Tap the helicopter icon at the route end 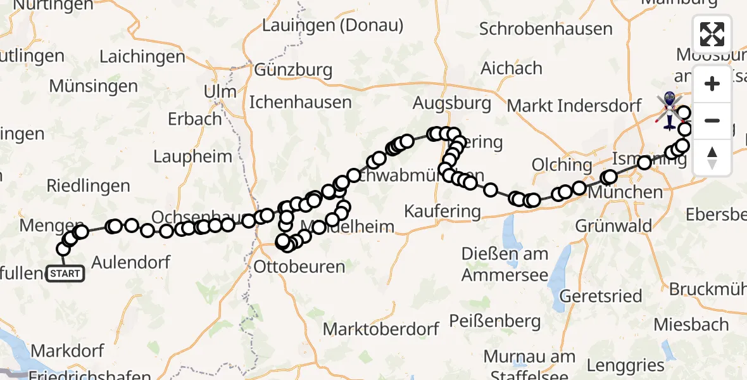coord(669,109)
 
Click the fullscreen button coord(712,34)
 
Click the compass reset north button coord(712,157)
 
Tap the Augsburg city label coord(451,103)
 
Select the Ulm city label coord(220,91)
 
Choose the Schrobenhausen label coord(546,29)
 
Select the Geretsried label coord(601,296)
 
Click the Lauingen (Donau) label coord(332,26)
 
